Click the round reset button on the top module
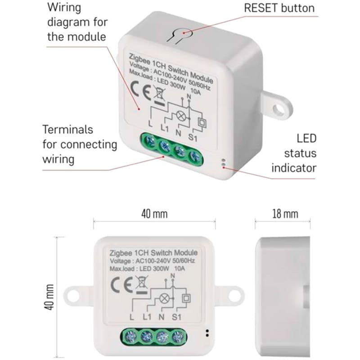coord(184,32)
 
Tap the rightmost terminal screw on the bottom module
coord(179,335)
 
